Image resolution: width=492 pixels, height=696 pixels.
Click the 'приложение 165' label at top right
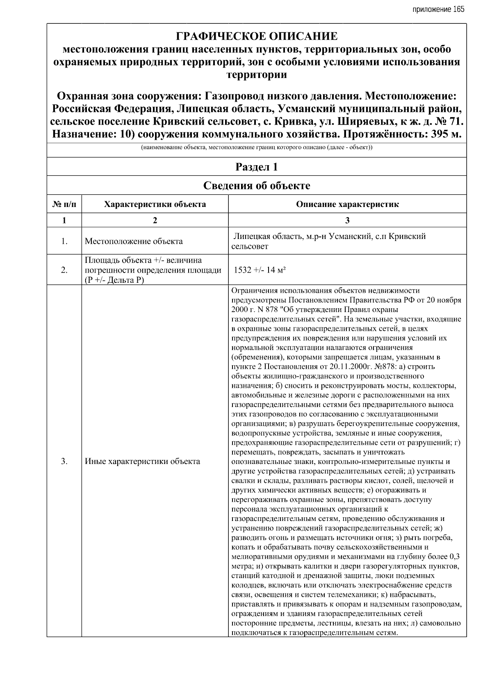(438, 9)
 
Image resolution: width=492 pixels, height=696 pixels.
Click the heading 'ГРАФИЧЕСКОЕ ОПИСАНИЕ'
(257, 36)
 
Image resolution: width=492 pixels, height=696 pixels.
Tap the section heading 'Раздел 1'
(257, 167)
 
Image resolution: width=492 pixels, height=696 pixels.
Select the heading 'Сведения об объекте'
(257, 186)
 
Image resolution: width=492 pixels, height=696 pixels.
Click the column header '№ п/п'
(64, 204)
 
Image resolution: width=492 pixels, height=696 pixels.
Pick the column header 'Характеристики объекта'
(155, 204)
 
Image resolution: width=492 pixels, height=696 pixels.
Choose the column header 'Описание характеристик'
(347, 204)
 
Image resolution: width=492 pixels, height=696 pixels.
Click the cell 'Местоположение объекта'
(134, 241)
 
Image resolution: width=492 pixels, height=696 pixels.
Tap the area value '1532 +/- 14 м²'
(260, 270)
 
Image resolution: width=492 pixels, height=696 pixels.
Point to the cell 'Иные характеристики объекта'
(142, 462)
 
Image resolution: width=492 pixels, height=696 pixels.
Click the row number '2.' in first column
(64, 270)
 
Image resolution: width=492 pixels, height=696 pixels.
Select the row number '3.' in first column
(64, 462)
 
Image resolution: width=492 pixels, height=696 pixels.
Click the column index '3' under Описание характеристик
(347, 221)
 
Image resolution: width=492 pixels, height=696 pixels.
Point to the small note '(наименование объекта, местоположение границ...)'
(257, 148)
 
